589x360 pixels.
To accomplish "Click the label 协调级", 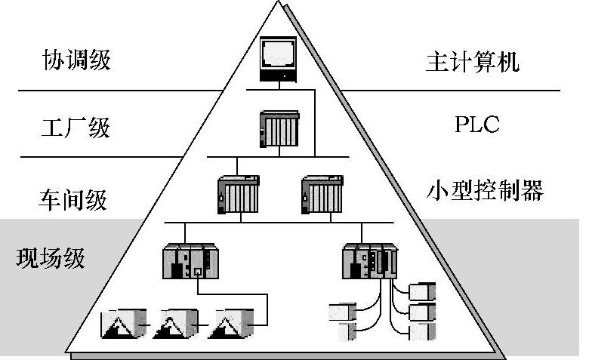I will [x=76, y=60].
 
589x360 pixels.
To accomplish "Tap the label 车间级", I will [x=72, y=199].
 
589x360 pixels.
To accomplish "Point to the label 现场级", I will [x=51, y=258].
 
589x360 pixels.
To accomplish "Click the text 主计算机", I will [x=473, y=61].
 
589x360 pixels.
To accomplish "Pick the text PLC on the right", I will [x=476, y=125].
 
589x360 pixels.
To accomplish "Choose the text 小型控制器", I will [x=485, y=191].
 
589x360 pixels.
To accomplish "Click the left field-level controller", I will [x=189, y=260].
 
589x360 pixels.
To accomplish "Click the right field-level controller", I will [x=369, y=260].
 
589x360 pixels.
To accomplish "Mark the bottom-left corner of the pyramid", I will [x=65, y=352].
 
